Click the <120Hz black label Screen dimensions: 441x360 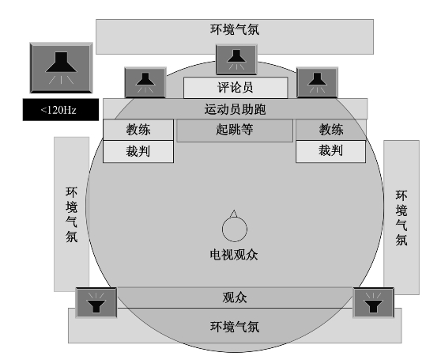tap(61, 109)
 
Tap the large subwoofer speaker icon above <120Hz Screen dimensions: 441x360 tap(61, 68)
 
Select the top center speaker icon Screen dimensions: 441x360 tap(236, 59)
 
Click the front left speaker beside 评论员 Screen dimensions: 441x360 tap(145, 82)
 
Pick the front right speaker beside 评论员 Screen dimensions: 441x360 tap(317, 82)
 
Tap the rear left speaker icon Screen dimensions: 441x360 tap(96, 302)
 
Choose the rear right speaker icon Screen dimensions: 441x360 tap(373, 302)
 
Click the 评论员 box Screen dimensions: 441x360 tap(236, 88)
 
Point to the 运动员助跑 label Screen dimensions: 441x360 tap(236, 109)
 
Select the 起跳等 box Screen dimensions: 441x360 tap(235, 131)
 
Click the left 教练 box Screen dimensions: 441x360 tap(138, 130)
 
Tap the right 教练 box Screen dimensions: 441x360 tap(331, 130)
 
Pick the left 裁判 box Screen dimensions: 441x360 tap(138, 152)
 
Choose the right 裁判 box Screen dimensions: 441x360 tap(330, 151)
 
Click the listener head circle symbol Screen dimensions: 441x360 tap(235, 229)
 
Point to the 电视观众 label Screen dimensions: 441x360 tap(234, 255)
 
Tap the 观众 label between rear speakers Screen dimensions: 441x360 tap(235, 297)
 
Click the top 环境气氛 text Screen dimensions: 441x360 tap(235, 29)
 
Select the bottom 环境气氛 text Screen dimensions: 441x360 tap(235, 327)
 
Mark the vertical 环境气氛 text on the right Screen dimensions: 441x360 tap(401, 218)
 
